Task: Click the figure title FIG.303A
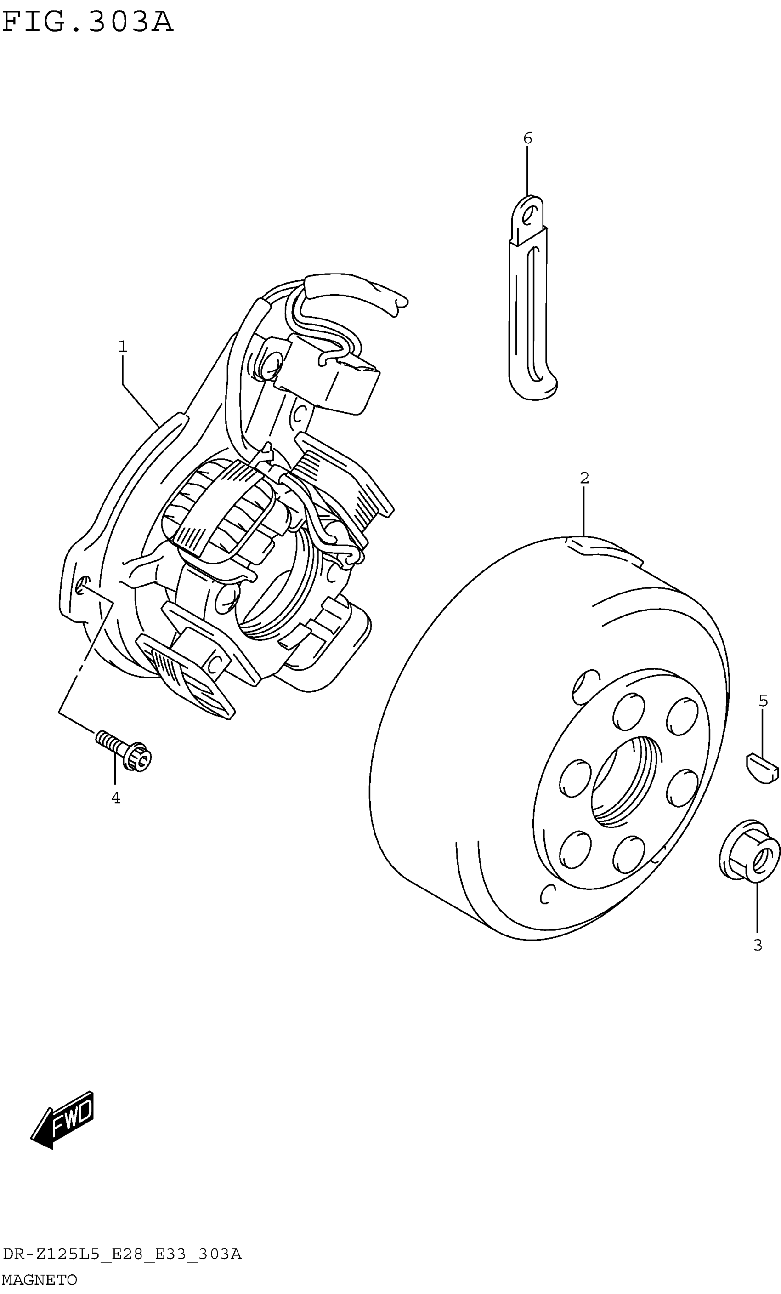tap(87, 22)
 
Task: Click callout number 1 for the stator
tap(122, 346)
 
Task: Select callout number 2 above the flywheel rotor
tap(584, 478)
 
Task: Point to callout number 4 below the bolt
tap(115, 798)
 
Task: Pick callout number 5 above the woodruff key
tap(763, 701)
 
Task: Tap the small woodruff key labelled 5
tap(762, 768)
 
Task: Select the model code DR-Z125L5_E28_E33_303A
tap(122, 1254)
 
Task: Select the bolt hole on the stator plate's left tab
tap(82, 585)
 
